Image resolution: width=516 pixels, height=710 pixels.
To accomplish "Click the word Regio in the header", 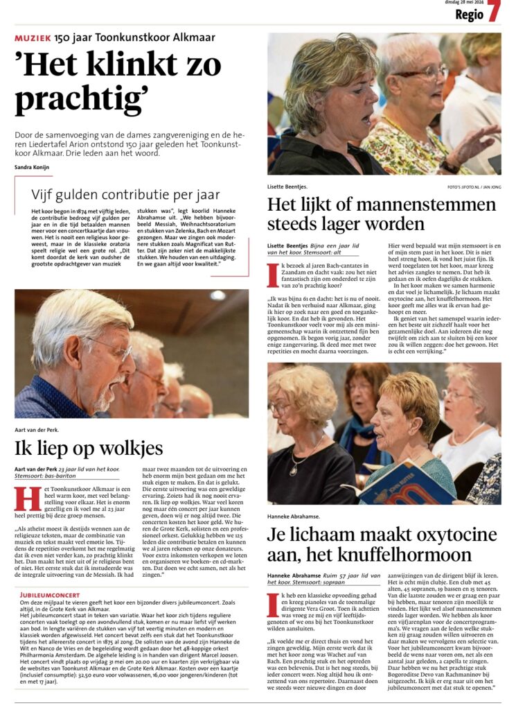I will pyautogui.click(x=469, y=15).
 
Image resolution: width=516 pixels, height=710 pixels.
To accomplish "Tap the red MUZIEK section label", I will pyautogui.click(x=33, y=37).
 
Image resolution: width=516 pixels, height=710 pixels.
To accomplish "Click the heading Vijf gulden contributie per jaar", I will pyautogui.click(x=125, y=195).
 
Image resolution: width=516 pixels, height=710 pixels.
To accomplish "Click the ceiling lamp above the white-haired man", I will pyautogui.click(x=217, y=295).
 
